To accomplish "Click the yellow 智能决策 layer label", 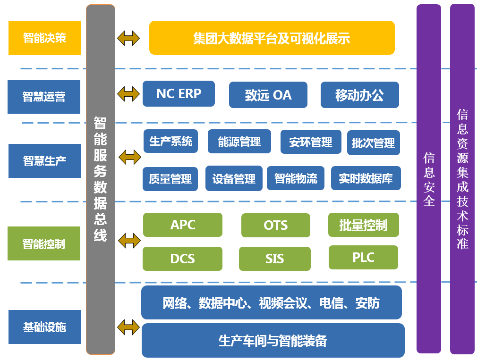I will point(44,38).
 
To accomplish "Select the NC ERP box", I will point(179,94).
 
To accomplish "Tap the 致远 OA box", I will point(268,95).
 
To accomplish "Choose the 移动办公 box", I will point(359,95).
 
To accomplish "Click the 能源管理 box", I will point(239,142).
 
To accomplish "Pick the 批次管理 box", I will point(373,142).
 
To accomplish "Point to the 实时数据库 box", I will point(366,178).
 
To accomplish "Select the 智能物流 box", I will point(296,178).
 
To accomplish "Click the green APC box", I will point(182,225).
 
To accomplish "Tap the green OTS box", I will point(275,225).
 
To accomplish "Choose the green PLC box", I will point(363,257).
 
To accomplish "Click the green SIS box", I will point(274,259).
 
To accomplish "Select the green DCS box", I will point(182,259).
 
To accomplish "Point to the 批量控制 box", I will point(363,225).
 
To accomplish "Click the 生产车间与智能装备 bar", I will point(273,340).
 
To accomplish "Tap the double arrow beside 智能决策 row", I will point(128,38).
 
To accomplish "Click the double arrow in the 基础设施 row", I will point(128,326).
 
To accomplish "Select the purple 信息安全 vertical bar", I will point(428,179).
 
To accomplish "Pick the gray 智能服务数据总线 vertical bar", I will point(100,179).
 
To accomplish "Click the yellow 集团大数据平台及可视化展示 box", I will point(272,38).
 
